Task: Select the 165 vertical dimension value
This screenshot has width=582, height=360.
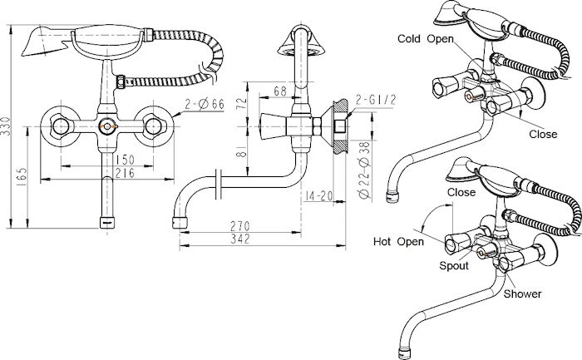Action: click(x=22, y=177)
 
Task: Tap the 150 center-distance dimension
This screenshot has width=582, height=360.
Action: click(x=125, y=160)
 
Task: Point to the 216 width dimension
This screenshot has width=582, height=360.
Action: click(x=125, y=173)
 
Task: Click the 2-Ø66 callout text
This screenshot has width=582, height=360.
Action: click(x=205, y=104)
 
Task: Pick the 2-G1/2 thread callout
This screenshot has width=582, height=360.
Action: click(x=376, y=100)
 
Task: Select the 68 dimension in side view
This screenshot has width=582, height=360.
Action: click(x=280, y=91)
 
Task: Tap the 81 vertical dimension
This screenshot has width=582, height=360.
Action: click(x=242, y=151)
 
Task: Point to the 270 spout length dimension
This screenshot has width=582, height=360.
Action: click(x=240, y=226)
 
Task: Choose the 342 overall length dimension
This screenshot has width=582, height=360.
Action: click(x=240, y=239)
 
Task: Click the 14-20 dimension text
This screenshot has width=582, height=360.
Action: click(x=318, y=195)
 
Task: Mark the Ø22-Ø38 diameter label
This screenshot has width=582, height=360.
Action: click(x=364, y=170)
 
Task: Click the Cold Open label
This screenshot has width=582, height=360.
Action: click(x=426, y=38)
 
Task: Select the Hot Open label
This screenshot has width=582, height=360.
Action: click(x=398, y=242)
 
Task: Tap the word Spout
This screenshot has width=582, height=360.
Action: click(x=454, y=266)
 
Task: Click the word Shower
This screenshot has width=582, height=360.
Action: click(x=522, y=294)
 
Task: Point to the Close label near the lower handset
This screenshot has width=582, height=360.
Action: click(x=461, y=192)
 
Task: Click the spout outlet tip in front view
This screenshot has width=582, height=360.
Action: click(x=107, y=222)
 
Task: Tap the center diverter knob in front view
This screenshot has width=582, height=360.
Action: click(x=107, y=127)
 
